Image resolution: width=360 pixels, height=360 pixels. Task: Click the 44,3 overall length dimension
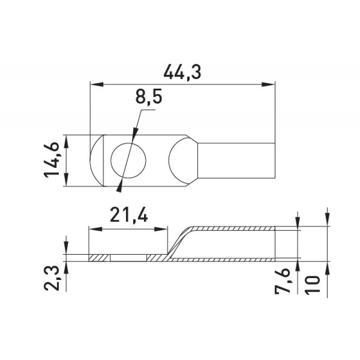pos(182,72)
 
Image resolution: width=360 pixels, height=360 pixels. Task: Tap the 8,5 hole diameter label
pos(149,97)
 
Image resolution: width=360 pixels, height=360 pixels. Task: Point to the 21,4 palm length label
pos(129,215)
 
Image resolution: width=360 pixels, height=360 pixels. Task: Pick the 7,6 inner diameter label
pos(283,282)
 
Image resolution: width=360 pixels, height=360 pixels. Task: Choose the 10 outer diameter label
pos(312,284)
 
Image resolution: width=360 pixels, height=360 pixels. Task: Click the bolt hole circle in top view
pos(128,161)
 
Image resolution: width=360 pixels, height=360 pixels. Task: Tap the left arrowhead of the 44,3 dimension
pos(97,85)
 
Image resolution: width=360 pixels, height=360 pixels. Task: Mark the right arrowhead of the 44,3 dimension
pos(268,85)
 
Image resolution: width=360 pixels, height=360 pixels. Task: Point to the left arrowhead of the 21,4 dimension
pos(95,229)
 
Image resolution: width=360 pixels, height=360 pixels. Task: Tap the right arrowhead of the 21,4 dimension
pos(161,229)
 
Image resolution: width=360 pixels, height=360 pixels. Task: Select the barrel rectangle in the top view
pos(236,160)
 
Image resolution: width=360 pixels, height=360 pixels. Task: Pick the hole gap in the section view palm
pos(128,258)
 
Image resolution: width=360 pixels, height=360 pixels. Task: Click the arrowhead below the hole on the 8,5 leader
pos(119,188)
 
